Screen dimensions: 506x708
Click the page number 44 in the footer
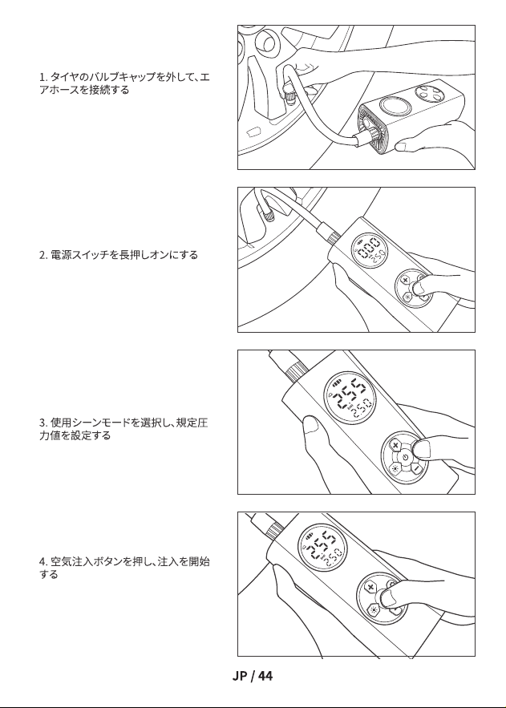(265, 676)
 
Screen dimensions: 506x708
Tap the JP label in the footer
(240, 676)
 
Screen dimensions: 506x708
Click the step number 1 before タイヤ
(42, 77)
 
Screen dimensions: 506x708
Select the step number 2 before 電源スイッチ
(42, 255)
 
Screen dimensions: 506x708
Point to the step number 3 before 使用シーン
(42, 423)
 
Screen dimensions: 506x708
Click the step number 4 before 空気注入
(42, 562)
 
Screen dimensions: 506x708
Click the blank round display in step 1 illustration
(395, 107)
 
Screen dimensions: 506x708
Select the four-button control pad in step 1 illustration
(429, 94)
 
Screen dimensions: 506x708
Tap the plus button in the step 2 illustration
(405, 280)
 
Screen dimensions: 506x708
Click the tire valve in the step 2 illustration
(267, 213)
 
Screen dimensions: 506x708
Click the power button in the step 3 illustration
(405, 457)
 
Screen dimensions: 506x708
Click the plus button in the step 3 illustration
(396, 446)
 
